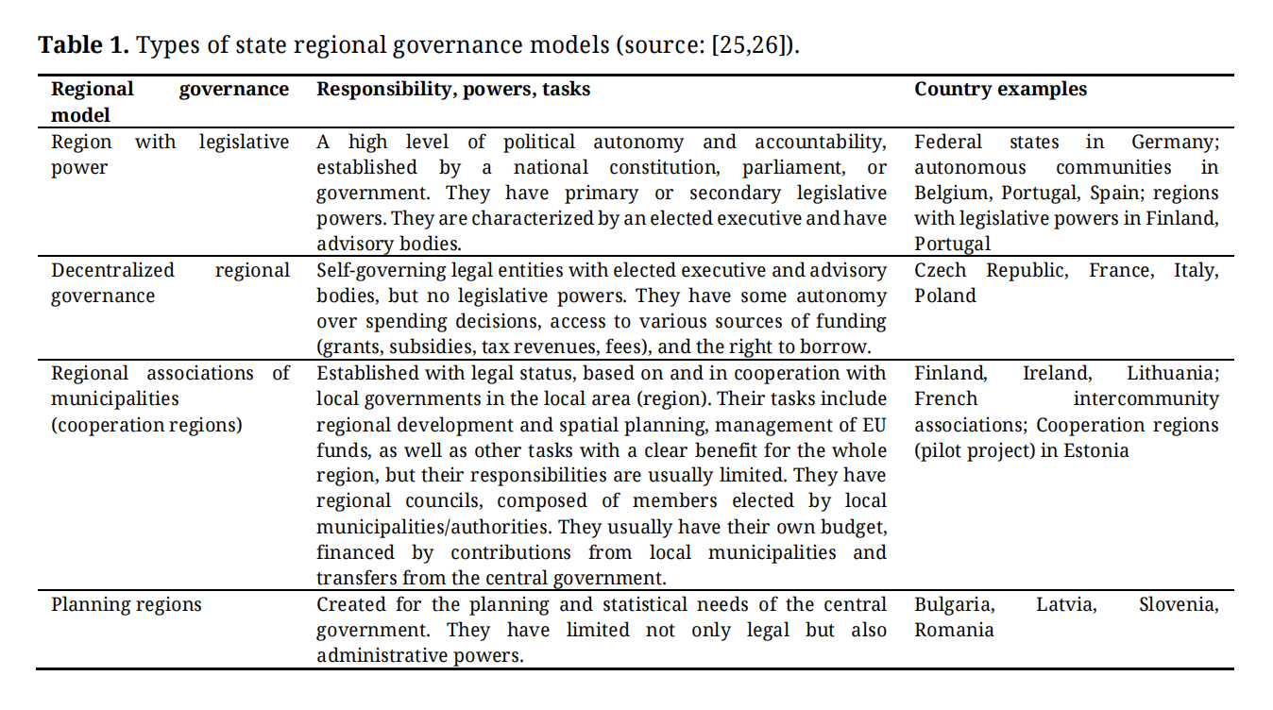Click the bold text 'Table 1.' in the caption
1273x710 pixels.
coord(83,45)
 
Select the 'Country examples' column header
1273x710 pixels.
coord(1000,90)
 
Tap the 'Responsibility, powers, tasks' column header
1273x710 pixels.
coord(453,90)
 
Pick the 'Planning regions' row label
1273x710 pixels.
coord(127,604)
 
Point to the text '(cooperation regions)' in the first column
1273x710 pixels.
coord(146,425)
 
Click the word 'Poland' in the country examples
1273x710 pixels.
coord(944,296)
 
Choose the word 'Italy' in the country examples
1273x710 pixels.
coord(1195,270)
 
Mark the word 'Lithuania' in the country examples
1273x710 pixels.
coord(1172,373)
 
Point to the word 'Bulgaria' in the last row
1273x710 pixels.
coord(953,604)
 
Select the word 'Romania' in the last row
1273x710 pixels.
coord(954,630)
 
